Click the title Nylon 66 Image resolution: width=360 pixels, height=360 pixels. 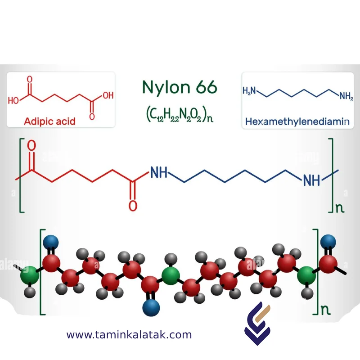(180, 87)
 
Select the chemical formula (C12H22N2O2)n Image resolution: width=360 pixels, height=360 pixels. (180, 115)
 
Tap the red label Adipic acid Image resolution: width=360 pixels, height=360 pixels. (50, 121)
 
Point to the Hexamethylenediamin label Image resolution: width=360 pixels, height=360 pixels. (297, 121)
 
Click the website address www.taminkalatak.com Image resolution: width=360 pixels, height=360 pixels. (129, 335)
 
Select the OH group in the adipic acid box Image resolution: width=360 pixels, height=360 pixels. (108, 95)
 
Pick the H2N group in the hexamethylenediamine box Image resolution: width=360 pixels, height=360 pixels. (249, 91)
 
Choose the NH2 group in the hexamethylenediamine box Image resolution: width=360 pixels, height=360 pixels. (346, 95)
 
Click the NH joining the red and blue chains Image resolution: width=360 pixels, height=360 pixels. (158, 172)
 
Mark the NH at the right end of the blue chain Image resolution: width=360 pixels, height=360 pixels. (311, 181)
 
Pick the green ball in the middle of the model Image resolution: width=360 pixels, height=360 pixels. (171, 275)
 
